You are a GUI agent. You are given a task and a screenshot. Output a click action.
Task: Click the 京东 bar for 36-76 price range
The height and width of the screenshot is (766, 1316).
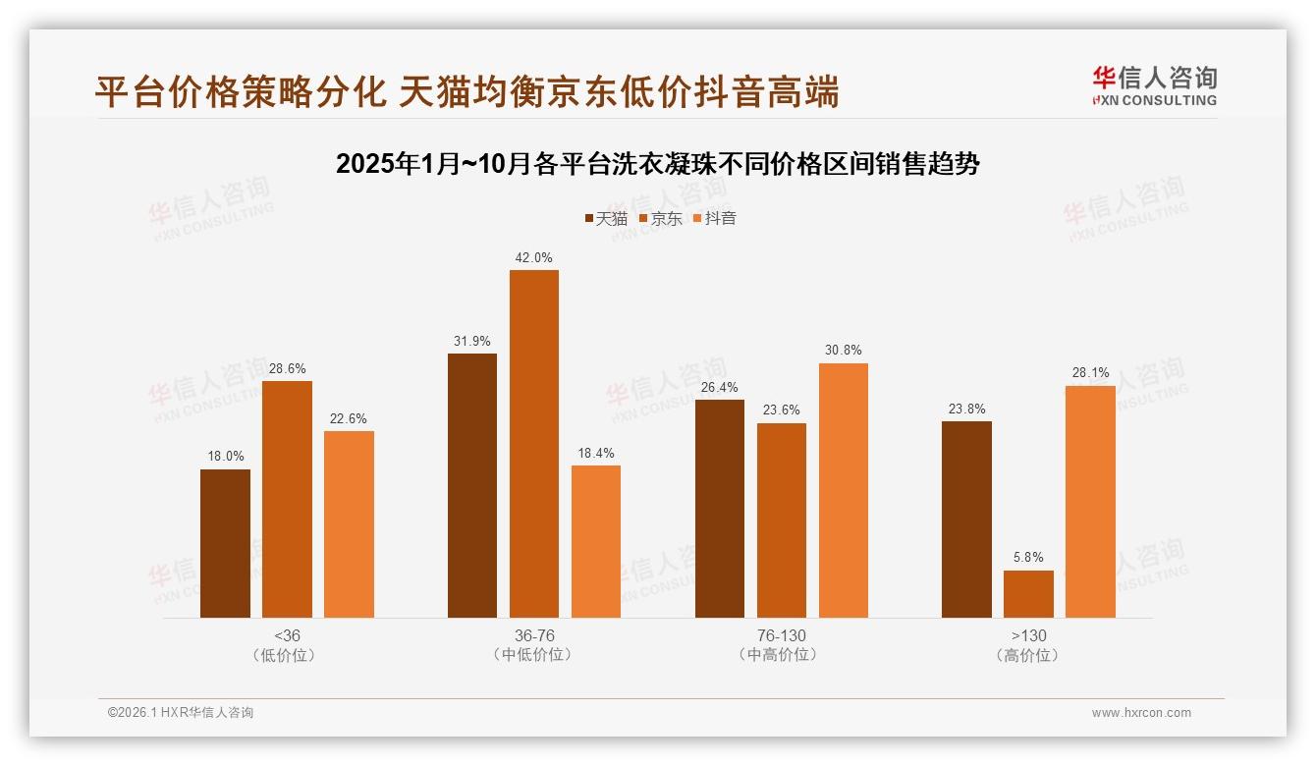tap(533, 443)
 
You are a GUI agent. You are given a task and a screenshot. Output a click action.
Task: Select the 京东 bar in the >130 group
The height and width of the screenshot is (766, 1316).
tap(1028, 593)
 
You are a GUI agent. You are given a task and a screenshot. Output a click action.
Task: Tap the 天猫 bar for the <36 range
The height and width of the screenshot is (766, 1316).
tap(225, 543)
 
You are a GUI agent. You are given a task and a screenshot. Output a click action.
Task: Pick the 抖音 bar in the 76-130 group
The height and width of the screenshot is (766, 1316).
tap(843, 490)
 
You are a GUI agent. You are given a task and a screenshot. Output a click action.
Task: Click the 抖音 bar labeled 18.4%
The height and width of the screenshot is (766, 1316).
tap(595, 541)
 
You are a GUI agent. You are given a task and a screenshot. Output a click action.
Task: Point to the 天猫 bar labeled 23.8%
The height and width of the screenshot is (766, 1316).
tap(966, 519)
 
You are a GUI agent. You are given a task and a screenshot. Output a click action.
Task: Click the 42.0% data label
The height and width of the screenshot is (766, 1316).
tap(533, 257)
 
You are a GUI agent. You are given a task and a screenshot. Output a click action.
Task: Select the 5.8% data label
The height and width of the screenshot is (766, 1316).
tap(1028, 557)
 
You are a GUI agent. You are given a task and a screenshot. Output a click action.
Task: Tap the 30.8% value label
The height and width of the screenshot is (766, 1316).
tap(843, 350)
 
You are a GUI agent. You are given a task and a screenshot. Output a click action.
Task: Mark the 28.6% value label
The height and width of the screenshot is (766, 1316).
tap(287, 368)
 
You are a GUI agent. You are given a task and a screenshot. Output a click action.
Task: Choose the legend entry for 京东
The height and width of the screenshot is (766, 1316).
tap(660, 218)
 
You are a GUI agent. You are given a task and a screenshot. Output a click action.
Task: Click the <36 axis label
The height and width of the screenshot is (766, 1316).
tap(287, 635)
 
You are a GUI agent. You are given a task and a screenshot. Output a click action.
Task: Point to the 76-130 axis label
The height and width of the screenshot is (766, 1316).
tap(781, 635)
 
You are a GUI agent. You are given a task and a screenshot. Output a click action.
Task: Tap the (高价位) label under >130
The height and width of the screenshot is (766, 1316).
tap(1028, 655)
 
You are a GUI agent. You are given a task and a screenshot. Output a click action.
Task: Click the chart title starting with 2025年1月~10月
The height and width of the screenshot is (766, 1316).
tap(658, 163)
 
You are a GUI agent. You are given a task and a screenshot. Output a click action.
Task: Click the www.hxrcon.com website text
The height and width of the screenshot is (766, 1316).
tap(1141, 713)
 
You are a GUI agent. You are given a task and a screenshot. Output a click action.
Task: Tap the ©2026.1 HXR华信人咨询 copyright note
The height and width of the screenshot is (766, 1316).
tap(180, 713)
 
